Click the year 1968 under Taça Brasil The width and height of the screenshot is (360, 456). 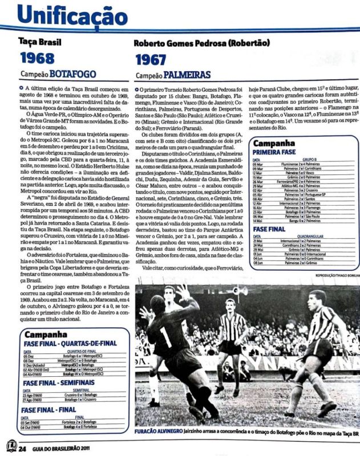(x=38, y=58)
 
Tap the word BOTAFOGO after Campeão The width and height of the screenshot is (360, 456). (x=74, y=75)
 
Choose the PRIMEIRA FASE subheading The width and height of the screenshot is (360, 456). (x=276, y=153)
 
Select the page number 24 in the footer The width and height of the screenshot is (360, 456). (x=22, y=449)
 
